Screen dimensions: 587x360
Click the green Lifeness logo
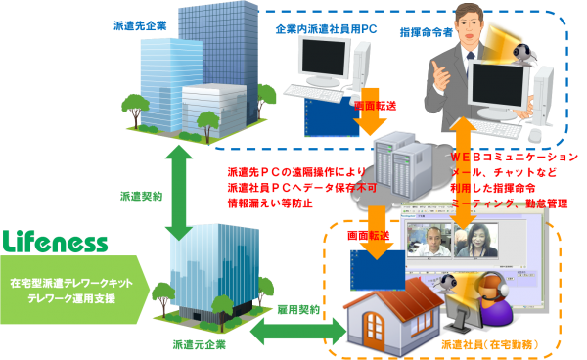(x=55, y=242)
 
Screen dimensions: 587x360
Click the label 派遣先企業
(x=140, y=25)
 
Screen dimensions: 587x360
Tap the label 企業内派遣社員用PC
(x=326, y=29)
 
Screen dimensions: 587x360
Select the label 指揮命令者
(x=427, y=32)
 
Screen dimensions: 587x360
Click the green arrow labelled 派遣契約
(x=179, y=193)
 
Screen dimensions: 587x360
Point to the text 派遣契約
(x=141, y=196)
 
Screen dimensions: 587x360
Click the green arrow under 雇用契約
(x=298, y=332)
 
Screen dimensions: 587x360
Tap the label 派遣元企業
(x=200, y=344)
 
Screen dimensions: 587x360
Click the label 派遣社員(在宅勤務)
(x=490, y=344)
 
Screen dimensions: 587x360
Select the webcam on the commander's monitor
(x=523, y=54)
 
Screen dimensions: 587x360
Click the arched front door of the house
(x=374, y=331)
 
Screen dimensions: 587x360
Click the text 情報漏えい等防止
(x=270, y=203)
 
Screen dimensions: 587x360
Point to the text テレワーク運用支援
(x=71, y=298)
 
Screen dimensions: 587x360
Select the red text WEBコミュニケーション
(x=515, y=157)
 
